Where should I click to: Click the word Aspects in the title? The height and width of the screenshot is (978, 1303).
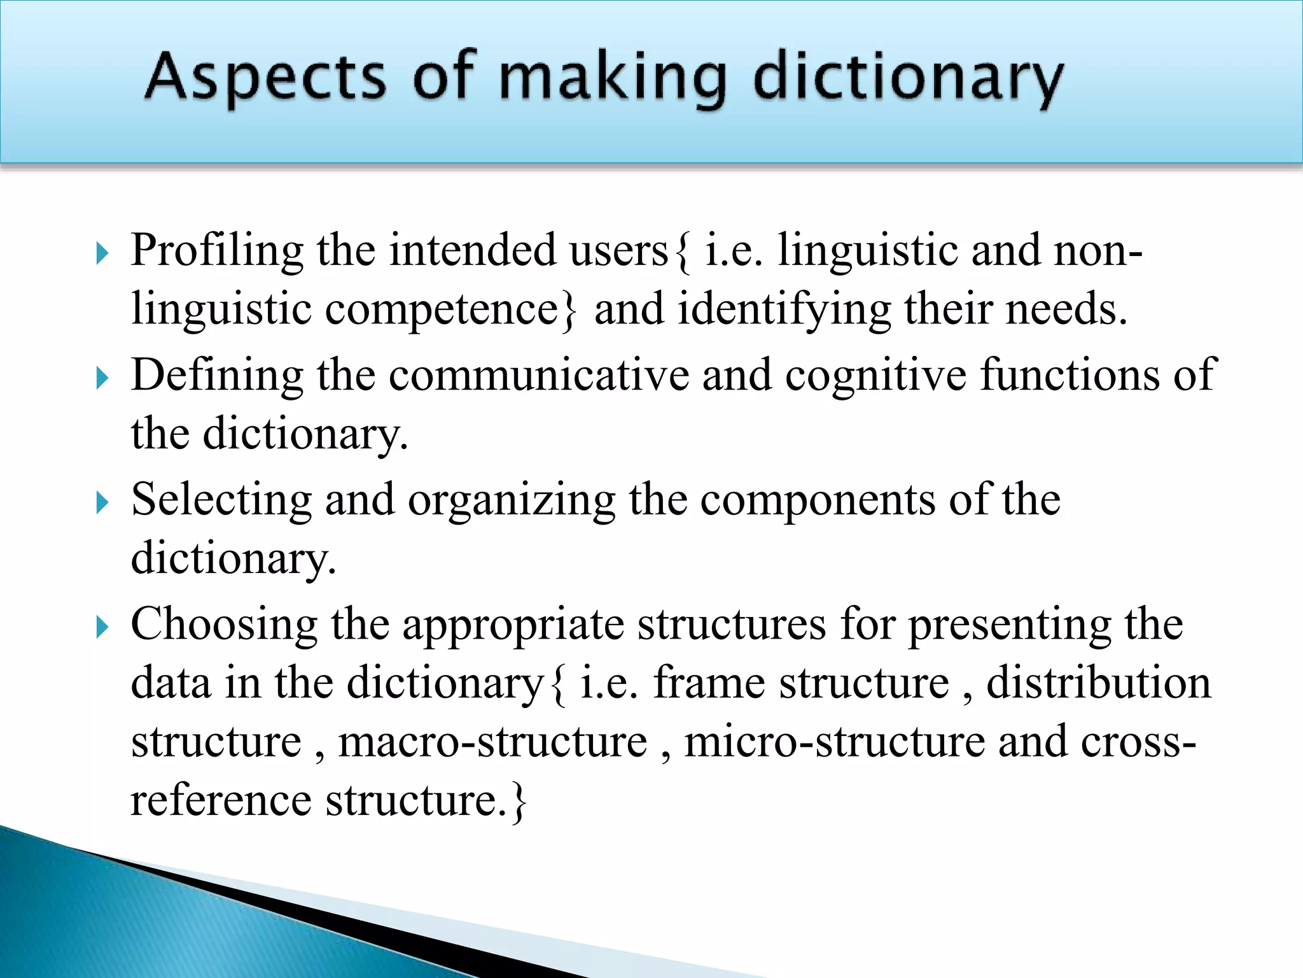point(265,78)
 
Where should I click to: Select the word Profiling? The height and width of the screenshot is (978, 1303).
point(217,250)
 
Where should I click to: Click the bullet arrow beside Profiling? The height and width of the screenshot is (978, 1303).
point(102,253)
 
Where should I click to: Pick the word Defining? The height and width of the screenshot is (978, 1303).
point(217,374)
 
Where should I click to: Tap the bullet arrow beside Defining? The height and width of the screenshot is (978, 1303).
point(102,378)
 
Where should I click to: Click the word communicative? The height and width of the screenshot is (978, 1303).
point(539,374)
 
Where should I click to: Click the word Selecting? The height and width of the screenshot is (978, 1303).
point(221,499)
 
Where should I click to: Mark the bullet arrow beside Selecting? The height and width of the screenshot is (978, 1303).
point(102,503)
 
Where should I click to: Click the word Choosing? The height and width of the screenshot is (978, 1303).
point(224,624)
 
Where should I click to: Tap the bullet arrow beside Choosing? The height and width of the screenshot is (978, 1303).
point(102,628)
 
